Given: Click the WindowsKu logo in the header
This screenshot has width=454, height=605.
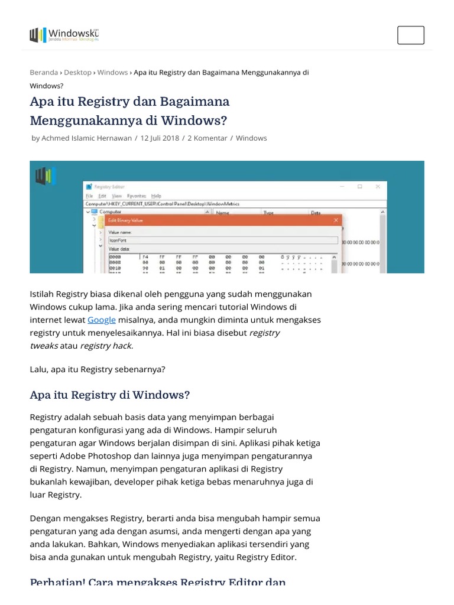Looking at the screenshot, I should (x=64, y=35).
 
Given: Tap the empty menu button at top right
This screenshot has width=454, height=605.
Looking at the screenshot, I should (x=410, y=35).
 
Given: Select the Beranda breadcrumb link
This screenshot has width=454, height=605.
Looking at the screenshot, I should (x=44, y=72).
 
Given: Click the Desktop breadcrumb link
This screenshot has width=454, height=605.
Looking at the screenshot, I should (x=77, y=72).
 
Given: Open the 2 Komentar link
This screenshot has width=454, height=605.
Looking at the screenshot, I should (x=207, y=138).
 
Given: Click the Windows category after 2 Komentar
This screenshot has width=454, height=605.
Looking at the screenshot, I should (x=251, y=138).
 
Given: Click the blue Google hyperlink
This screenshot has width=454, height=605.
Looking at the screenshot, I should (x=102, y=320).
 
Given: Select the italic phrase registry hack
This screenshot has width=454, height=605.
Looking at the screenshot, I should (x=106, y=346).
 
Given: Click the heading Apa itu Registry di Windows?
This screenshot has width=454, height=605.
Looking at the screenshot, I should (x=109, y=395).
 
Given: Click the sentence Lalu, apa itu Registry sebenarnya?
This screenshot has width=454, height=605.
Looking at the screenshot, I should (x=98, y=369).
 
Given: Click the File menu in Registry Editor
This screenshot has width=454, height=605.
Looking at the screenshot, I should (x=89, y=196).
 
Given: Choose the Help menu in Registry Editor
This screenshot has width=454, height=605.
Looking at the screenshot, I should (x=156, y=196).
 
